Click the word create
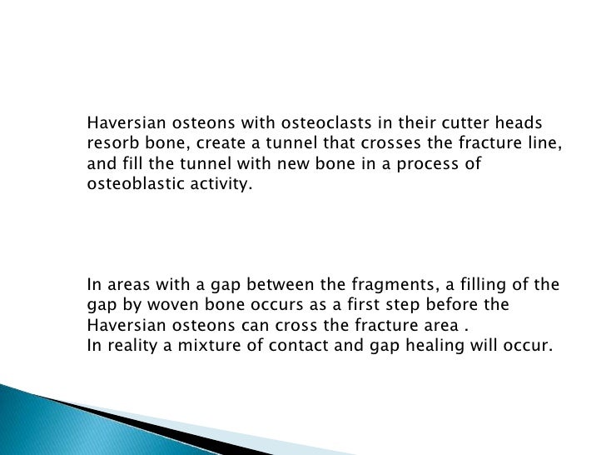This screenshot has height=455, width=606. [227, 142]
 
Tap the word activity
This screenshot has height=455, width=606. [220, 185]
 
